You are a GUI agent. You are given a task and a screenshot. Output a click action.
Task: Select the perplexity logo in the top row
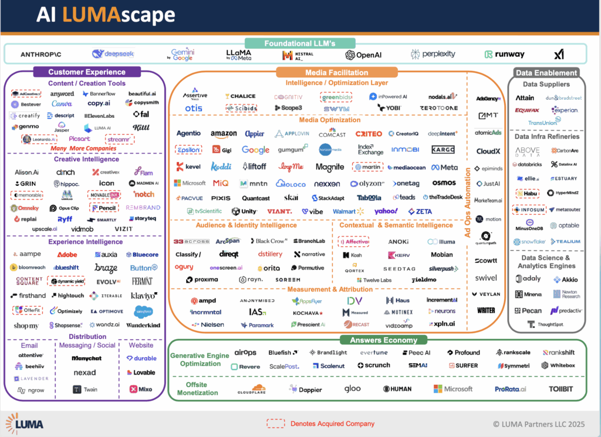point(433,54)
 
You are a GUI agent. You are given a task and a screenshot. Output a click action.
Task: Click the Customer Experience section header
point(86,72)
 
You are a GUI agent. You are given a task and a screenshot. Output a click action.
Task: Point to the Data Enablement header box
point(546,73)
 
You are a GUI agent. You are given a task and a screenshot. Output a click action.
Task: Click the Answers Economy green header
point(379,340)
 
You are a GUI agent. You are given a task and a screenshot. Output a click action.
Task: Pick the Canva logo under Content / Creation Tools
point(62,104)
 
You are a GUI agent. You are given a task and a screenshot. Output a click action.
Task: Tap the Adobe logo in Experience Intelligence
point(67,255)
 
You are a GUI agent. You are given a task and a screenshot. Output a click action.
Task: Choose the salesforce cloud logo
point(144,311)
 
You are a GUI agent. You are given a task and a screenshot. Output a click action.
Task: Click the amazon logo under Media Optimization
point(223,134)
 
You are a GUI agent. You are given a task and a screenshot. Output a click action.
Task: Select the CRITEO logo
point(368,134)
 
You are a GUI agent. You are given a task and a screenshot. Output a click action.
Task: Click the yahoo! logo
point(386,211)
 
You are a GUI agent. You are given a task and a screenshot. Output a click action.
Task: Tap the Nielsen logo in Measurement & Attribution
point(208,324)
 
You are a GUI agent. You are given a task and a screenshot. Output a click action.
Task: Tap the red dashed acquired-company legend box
point(275,424)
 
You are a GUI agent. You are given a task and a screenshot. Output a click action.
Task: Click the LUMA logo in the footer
point(25,424)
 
